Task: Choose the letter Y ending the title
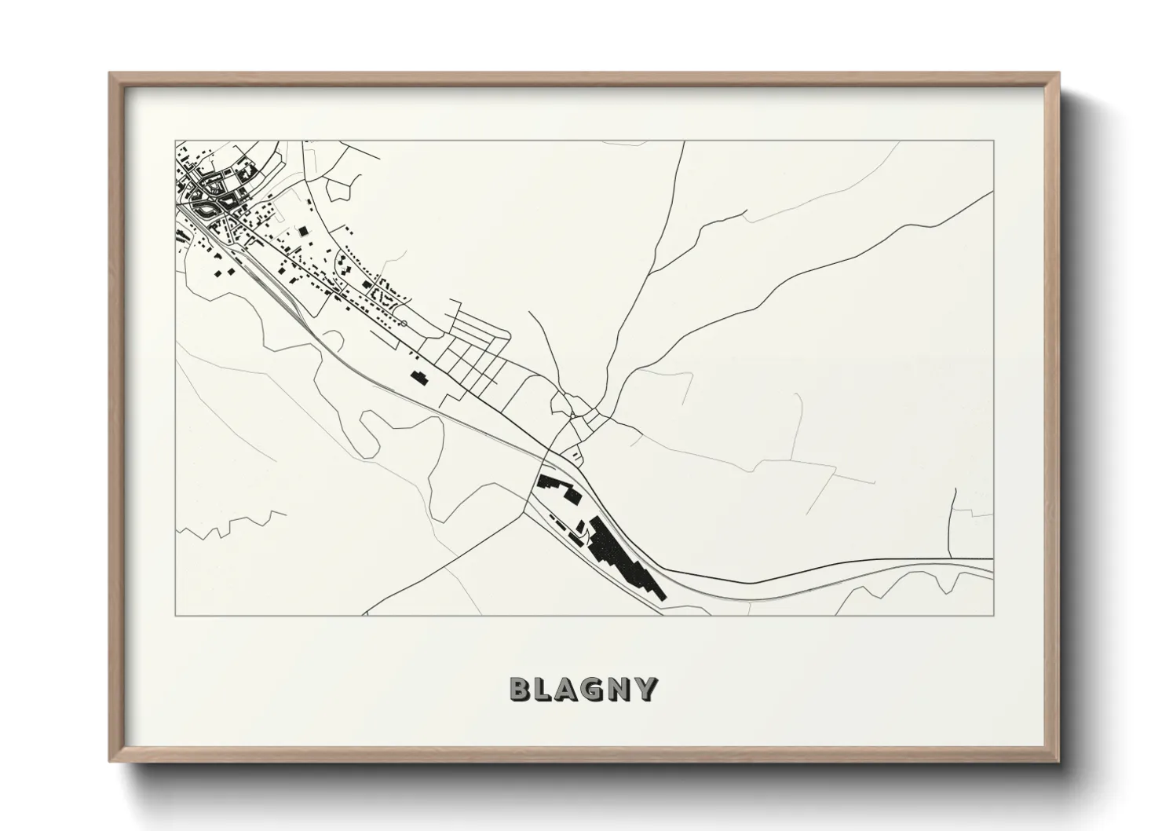coord(646,689)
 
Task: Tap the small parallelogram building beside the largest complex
coord(580,527)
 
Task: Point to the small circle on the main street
coord(404,323)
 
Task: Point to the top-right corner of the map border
coord(993,141)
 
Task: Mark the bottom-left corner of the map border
coord(176,615)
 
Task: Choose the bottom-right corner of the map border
coord(993,615)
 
